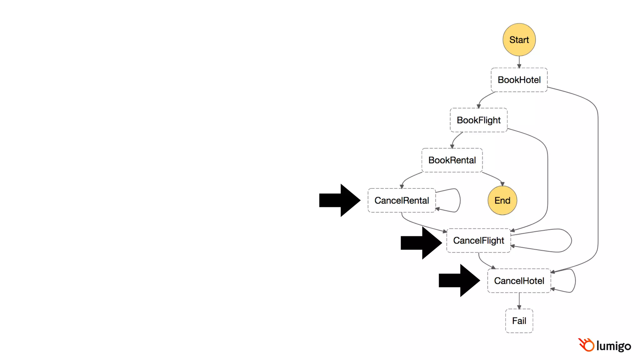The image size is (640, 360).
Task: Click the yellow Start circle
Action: tap(519, 40)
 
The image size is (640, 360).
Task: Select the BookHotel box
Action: tap(519, 80)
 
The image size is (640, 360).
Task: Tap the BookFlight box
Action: tap(478, 120)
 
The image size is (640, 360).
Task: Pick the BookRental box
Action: tap(452, 160)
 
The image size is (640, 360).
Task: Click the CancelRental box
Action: tap(402, 200)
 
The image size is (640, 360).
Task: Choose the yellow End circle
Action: tap(502, 200)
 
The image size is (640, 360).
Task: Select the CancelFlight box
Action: tap(478, 240)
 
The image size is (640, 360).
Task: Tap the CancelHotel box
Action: tap(519, 281)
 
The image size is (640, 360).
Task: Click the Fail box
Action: tap(519, 321)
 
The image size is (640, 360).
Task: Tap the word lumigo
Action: tap(613, 346)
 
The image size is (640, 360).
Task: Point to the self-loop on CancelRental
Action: tap(460, 200)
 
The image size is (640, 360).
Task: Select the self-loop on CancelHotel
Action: tap(575, 280)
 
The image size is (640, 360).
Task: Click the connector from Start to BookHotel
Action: tap(519, 62)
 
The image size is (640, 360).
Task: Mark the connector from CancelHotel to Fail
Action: tap(519, 301)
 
